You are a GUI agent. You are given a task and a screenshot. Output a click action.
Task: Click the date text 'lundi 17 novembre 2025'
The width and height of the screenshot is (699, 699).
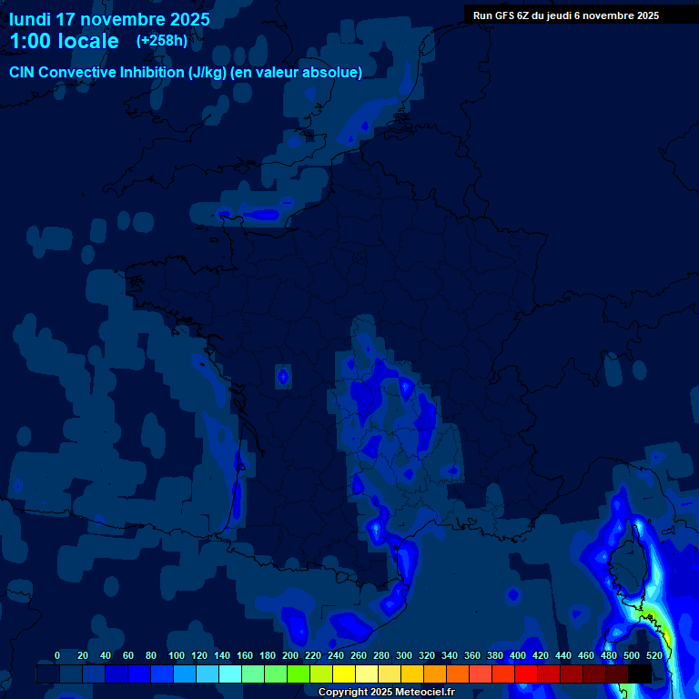point(109,19)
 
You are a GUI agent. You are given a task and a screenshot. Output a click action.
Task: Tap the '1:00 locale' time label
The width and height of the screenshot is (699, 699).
point(64,41)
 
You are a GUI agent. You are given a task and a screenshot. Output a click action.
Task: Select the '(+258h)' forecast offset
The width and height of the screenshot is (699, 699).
point(161,41)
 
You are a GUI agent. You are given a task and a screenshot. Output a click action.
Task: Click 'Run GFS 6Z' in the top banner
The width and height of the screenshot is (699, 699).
point(505,15)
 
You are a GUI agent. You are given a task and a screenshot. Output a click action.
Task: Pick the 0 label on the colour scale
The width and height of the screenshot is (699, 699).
point(57,655)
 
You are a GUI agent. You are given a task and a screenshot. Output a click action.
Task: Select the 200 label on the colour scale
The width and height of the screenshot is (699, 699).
point(290,655)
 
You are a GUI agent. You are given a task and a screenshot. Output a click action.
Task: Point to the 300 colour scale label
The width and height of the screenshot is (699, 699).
point(404,655)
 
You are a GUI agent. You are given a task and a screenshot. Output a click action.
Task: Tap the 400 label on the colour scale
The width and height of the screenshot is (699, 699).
point(518,655)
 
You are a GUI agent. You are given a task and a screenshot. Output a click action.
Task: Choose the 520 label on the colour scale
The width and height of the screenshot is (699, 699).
point(653,655)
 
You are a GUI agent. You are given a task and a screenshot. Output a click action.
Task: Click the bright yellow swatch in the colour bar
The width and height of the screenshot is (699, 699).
point(343,674)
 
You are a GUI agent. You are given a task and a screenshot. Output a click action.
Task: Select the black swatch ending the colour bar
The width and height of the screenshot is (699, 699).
point(639,674)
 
